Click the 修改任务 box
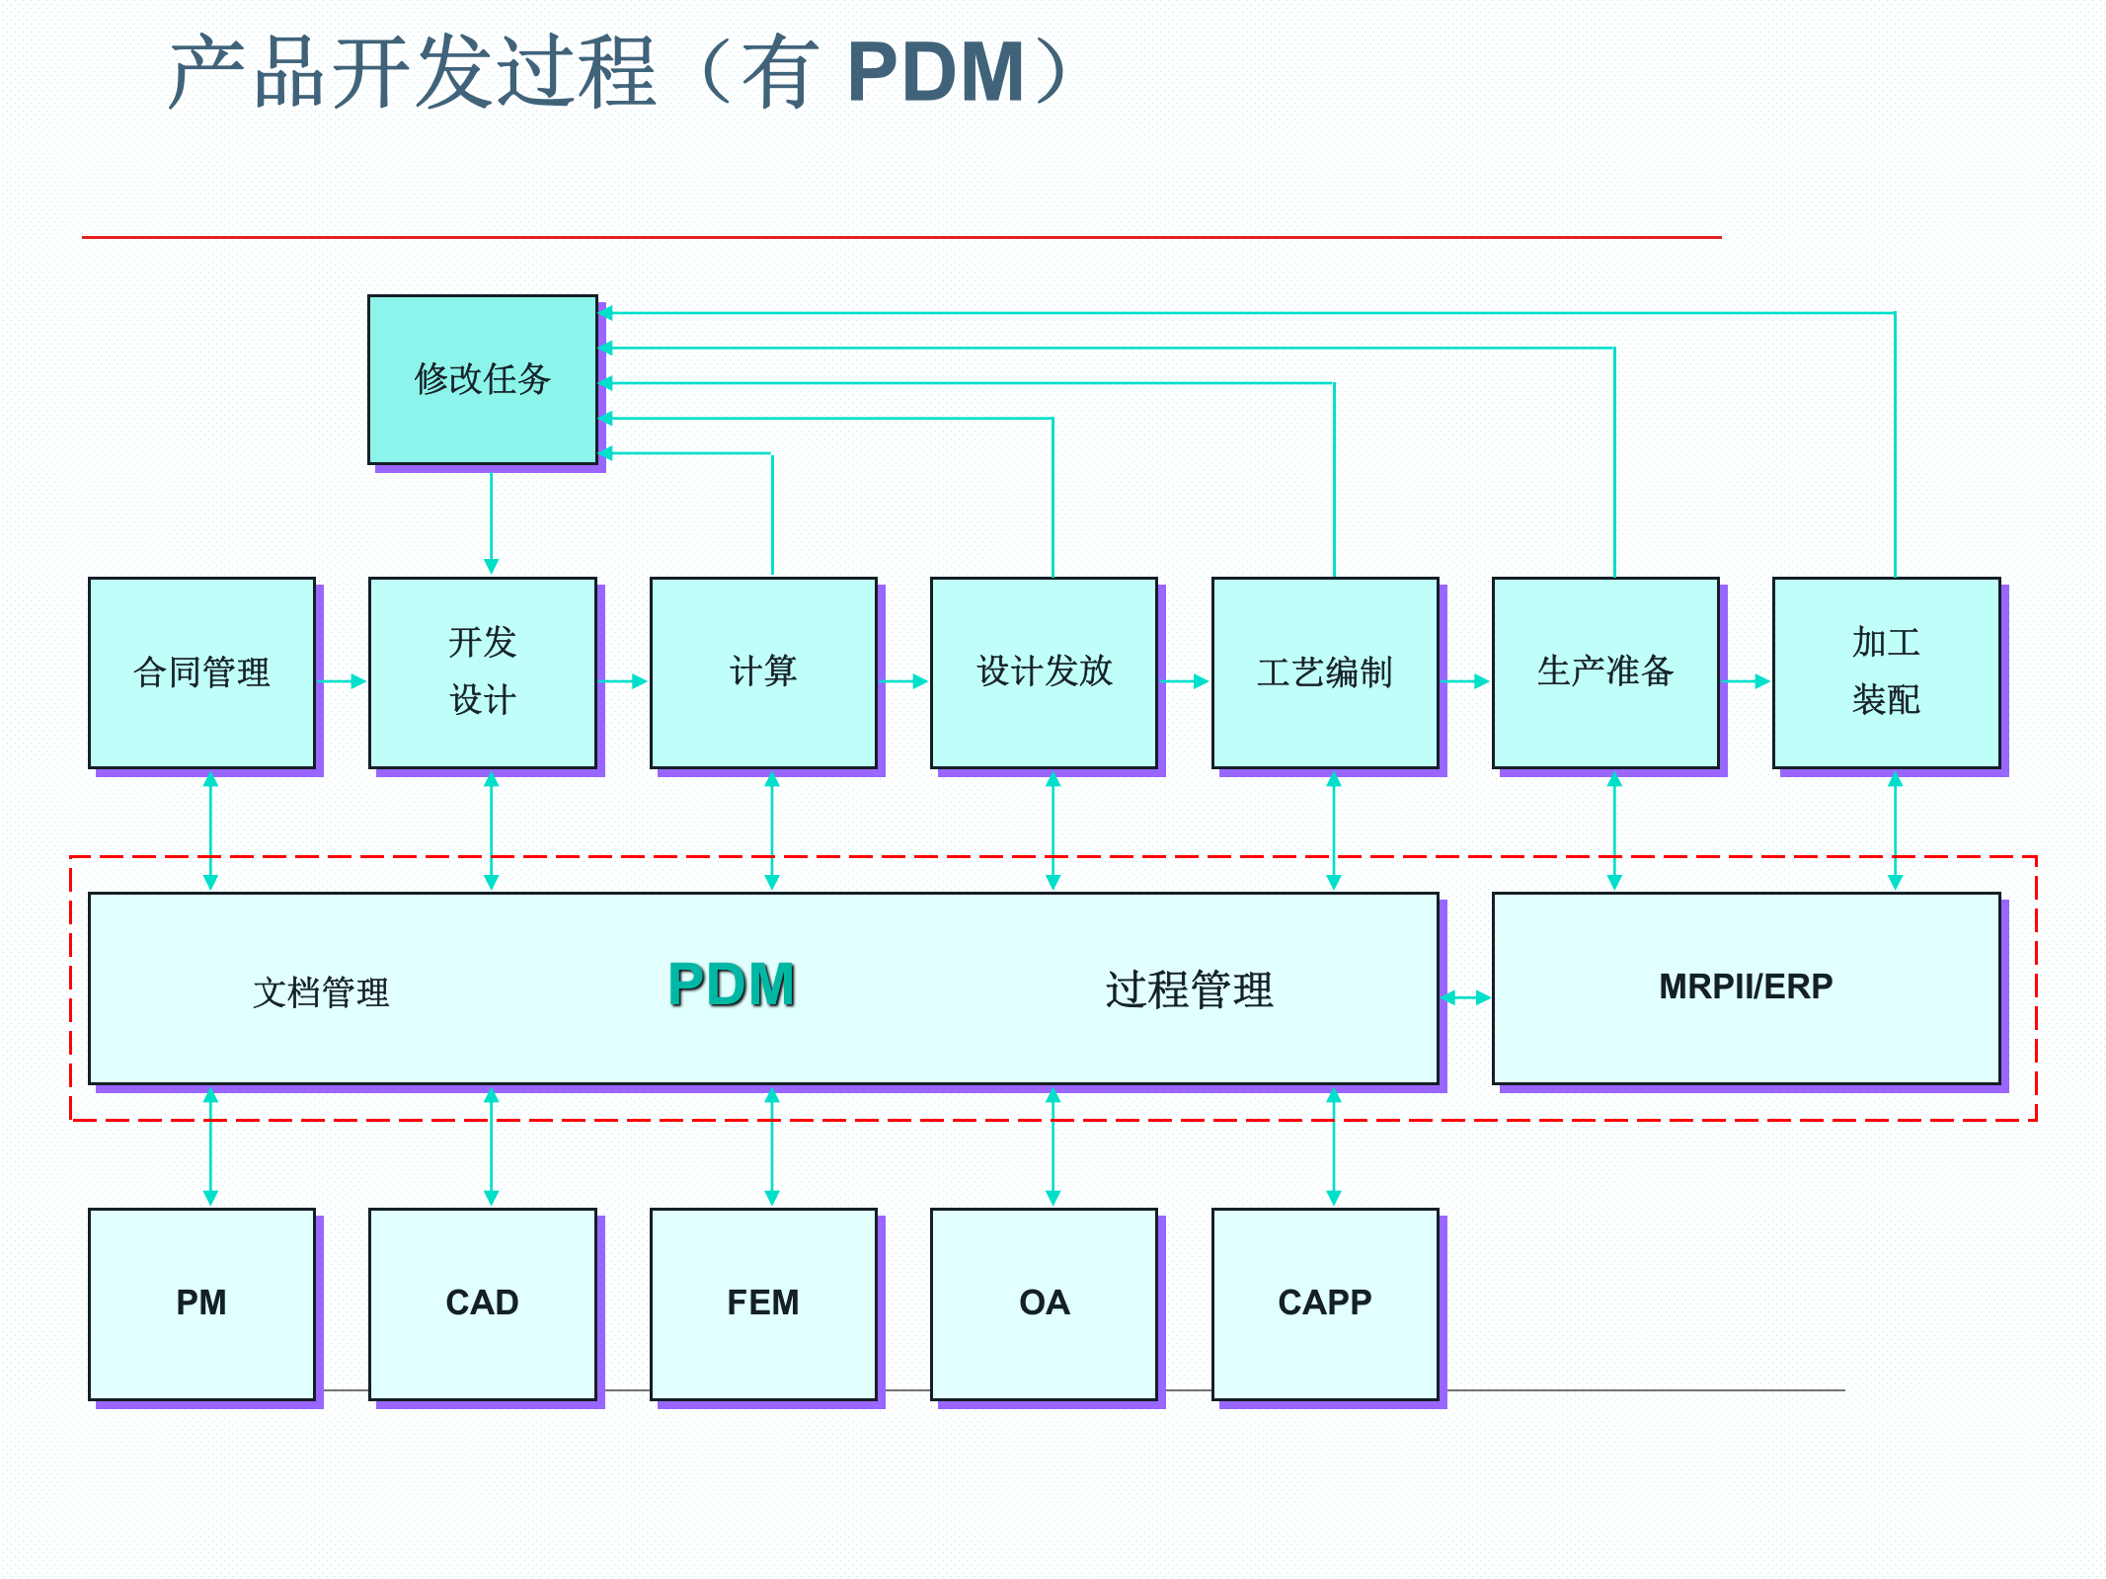tap(482, 379)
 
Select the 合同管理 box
tap(201, 672)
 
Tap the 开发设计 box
tap(482, 672)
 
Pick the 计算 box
tap(762, 672)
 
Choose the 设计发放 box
tap(1044, 672)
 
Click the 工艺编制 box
tap(1324, 672)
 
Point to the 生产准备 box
tap(1604, 672)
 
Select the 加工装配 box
tap(1886, 672)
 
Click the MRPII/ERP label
tap(1745, 987)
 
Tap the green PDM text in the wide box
tap(732, 985)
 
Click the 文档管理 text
tap(321, 992)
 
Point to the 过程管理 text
tap(1189, 989)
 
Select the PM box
tap(201, 1303)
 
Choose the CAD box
tap(482, 1303)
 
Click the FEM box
tap(762, 1303)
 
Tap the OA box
tap(1044, 1303)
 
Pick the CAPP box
tap(1324, 1303)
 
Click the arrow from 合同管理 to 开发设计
tap(342, 681)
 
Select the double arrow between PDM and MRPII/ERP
tap(1465, 997)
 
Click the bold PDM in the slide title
tap(935, 72)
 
